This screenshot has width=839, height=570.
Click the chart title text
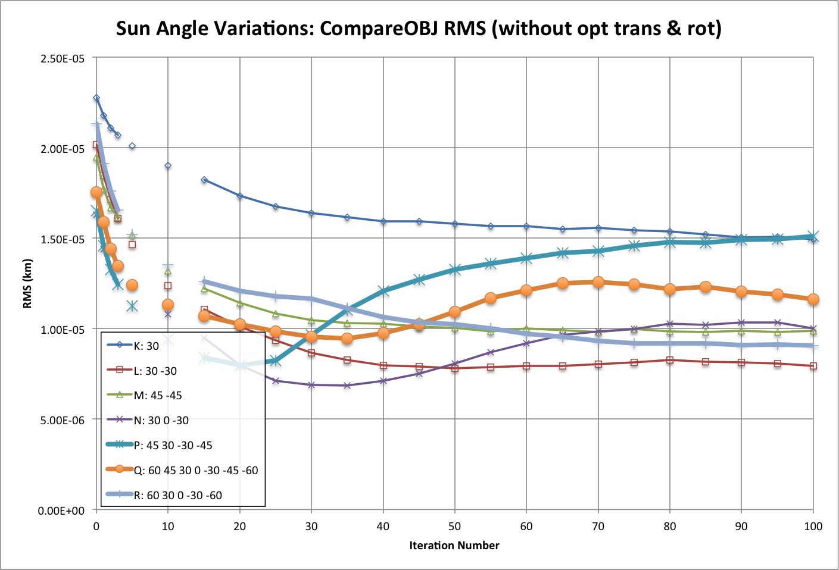pos(419,28)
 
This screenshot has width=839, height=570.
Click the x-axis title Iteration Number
pos(454,545)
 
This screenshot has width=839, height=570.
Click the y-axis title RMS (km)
pos(27,284)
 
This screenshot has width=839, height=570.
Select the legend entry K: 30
pos(146,346)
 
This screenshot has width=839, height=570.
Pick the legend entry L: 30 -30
pos(155,371)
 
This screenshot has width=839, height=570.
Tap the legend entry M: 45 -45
pos(158,396)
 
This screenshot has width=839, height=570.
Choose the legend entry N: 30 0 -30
pos(161,421)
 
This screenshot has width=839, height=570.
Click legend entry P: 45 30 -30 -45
pos(173,445)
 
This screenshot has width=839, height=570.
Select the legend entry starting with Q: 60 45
pos(195,470)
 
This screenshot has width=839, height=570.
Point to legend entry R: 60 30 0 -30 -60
pos(177,495)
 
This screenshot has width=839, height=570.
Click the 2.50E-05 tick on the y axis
pos(63,58)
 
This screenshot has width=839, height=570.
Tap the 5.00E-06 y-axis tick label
pos(63,420)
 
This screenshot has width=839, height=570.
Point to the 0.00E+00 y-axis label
pos(63,511)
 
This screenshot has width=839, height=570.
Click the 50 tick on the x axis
pos(455,526)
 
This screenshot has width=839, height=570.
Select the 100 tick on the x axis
pos(813,526)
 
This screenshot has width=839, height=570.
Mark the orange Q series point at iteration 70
pos(598,282)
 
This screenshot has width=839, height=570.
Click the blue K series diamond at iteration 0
pos(96,98)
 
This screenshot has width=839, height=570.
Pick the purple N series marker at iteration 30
pos(311,385)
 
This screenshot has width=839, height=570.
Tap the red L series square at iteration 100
pos(813,366)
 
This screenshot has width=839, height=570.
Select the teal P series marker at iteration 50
pos(455,270)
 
